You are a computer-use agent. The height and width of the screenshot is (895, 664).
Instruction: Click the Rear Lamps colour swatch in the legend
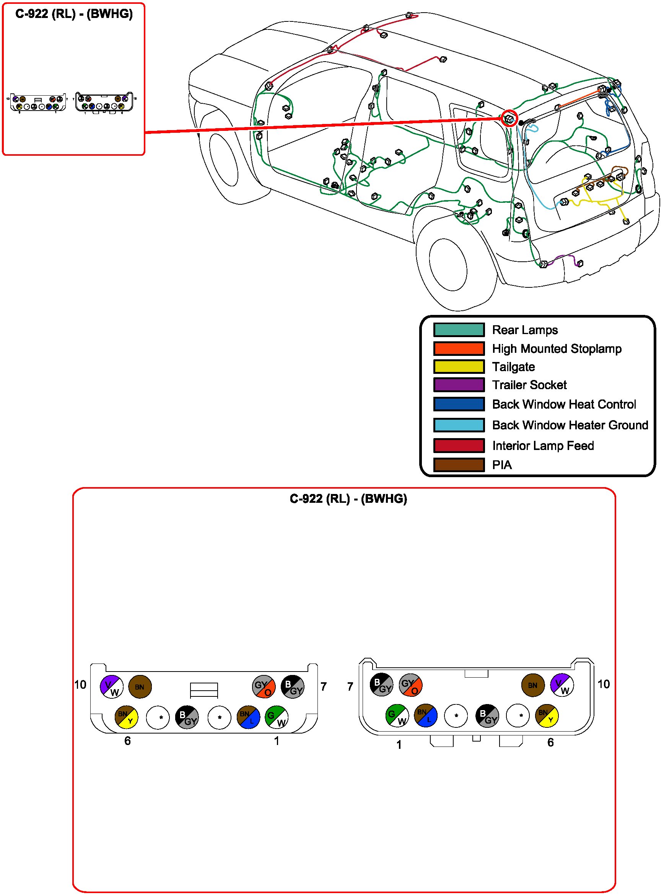click(x=458, y=330)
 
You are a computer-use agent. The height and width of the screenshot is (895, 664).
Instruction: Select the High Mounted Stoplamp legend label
click(x=556, y=349)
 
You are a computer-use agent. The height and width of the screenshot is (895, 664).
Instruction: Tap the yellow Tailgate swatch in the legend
click(x=458, y=367)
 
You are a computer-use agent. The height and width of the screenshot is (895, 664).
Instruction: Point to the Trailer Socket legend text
click(x=529, y=385)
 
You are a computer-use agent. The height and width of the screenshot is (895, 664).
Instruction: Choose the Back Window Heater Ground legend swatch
click(x=458, y=425)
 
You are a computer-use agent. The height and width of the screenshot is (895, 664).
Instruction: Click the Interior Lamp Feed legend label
click(x=543, y=445)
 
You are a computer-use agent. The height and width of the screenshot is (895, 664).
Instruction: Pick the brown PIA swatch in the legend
click(x=458, y=465)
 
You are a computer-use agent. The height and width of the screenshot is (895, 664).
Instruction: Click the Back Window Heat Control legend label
click(x=563, y=404)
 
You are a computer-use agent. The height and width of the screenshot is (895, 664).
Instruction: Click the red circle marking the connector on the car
click(x=509, y=118)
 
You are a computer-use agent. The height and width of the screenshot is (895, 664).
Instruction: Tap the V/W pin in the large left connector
click(x=111, y=686)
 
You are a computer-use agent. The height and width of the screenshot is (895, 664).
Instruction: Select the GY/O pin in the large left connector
click(x=263, y=686)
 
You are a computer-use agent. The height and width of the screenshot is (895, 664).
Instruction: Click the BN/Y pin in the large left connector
click(x=126, y=717)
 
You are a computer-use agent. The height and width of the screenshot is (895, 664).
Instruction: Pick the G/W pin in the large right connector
click(x=397, y=716)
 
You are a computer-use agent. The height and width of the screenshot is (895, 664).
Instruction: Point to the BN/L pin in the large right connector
click(x=425, y=716)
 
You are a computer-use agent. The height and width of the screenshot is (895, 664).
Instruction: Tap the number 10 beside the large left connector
click(x=80, y=685)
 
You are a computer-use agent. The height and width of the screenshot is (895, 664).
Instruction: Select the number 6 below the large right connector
click(x=550, y=742)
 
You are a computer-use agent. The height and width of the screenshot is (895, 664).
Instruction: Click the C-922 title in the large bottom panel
click(x=348, y=499)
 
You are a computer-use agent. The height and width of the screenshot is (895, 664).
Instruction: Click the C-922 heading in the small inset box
click(x=74, y=14)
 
